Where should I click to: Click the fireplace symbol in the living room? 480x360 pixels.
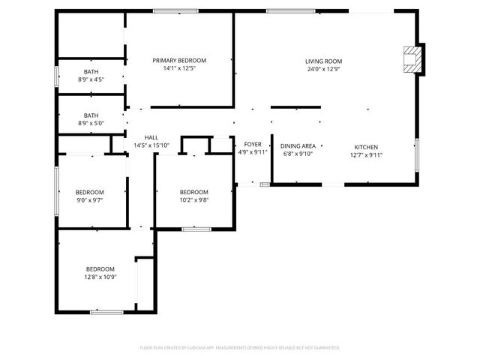click(412, 60)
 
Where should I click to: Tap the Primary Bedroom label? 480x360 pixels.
click(179, 61)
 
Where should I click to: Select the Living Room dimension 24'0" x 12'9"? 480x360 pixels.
click(323, 69)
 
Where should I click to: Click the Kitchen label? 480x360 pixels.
click(366, 147)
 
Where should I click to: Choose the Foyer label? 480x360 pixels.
click(253, 144)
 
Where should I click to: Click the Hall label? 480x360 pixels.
click(151, 137)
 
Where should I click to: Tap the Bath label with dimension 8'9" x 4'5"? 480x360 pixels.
click(91, 71)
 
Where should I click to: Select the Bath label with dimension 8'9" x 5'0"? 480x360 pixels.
click(91, 116)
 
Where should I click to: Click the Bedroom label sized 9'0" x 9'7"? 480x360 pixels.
click(90, 193)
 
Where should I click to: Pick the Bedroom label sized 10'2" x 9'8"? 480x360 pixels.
click(193, 192)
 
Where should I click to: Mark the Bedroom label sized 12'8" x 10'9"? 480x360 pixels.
click(100, 269)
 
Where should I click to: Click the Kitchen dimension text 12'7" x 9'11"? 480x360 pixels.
click(366, 155)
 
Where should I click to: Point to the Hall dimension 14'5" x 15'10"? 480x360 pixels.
click(151, 145)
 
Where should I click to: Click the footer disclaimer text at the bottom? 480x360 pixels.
click(240, 348)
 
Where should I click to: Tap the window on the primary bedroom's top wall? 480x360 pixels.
click(175, 10)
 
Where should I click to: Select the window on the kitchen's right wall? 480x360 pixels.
click(416, 154)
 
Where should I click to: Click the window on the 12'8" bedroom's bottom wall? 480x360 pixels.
click(106, 311)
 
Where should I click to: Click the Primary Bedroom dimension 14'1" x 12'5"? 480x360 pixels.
click(179, 69)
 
